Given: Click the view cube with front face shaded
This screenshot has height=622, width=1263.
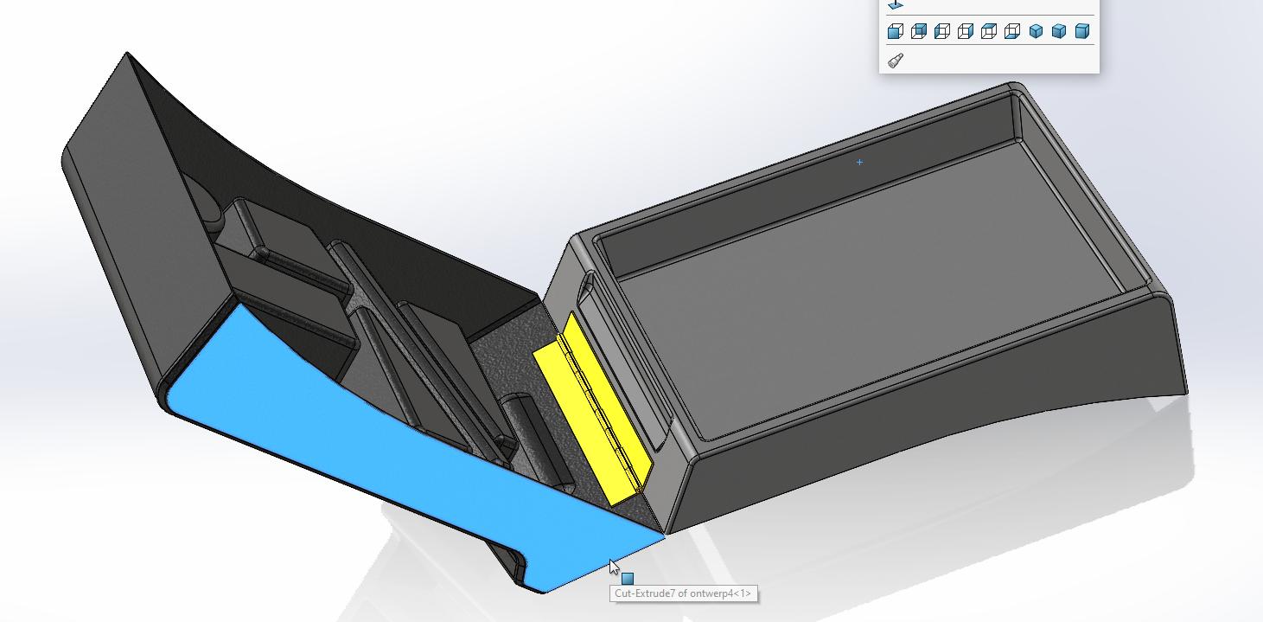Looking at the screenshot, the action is click(x=896, y=31).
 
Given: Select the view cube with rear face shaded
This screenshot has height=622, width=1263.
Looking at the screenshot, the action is click(x=919, y=31).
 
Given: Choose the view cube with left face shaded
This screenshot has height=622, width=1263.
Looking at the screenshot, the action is click(x=942, y=31).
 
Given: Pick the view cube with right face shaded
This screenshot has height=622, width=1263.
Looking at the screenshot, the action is click(x=966, y=31).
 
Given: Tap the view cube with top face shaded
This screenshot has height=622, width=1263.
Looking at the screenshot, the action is click(x=989, y=31).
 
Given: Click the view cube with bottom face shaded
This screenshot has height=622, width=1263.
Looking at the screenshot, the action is click(x=1012, y=31).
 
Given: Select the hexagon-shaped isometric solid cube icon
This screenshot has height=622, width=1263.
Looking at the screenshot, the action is click(x=1036, y=31).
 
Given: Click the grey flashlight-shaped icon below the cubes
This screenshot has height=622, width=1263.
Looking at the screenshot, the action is click(x=896, y=61).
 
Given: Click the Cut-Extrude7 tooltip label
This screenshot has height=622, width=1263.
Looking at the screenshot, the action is click(x=684, y=593).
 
